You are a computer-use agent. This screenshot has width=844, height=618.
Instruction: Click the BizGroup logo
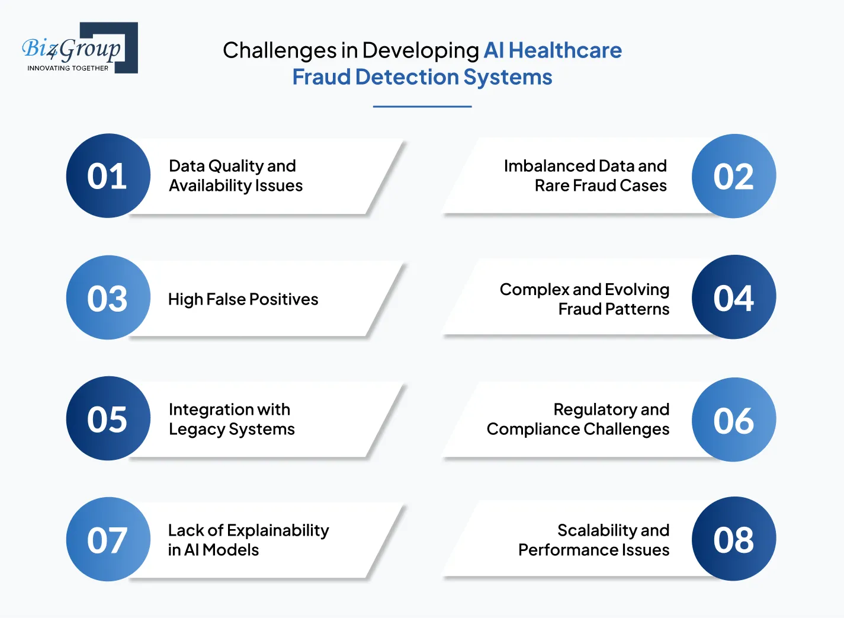click(x=79, y=48)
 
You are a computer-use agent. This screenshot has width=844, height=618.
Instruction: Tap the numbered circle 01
click(x=108, y=176)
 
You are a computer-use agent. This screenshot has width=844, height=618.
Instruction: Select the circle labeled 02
click(x=733, y=176)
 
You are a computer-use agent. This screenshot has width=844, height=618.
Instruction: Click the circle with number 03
click(x=108, y=297)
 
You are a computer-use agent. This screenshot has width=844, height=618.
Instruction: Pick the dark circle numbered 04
click(x=733, y=297)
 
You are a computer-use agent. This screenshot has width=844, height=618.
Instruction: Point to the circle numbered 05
click(x=108, y=418)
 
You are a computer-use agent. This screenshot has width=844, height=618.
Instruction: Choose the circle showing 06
click(x=733, y=420)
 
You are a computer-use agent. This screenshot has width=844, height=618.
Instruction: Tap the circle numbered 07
click(x=108, y=539)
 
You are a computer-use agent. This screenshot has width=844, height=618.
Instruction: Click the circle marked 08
click(x=733, y=539)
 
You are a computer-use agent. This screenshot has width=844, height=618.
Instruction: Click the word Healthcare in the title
click(x=565, y=50)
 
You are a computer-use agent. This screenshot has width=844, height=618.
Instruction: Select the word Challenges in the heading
click(x=279, y=51)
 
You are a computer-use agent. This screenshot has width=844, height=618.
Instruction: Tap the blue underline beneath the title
click(x=422, y=107)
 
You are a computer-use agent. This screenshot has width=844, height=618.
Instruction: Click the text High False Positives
click(x=243, y=299)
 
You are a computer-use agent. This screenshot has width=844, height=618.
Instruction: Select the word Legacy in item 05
click(x=196, y=430)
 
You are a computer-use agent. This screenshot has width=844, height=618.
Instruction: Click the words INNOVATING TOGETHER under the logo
click(x=68, y=68)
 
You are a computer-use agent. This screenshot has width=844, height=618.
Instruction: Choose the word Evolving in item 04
click(x=637, y=289)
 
